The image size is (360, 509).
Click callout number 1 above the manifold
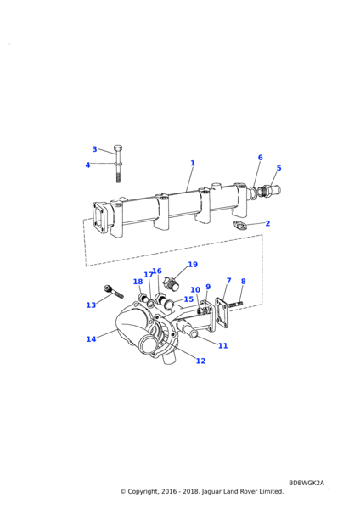(193, 163)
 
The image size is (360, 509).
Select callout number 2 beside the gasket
(267, 223)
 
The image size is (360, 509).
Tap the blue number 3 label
(94, 149)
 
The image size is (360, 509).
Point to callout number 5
(278, 168)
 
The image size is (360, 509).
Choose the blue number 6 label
(261, 158)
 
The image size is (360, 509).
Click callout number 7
(228, 281)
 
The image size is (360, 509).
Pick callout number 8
(244, 282)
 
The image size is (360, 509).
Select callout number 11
(223, 346)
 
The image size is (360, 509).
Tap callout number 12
(200, 361)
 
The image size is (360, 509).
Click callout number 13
(91, 305)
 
